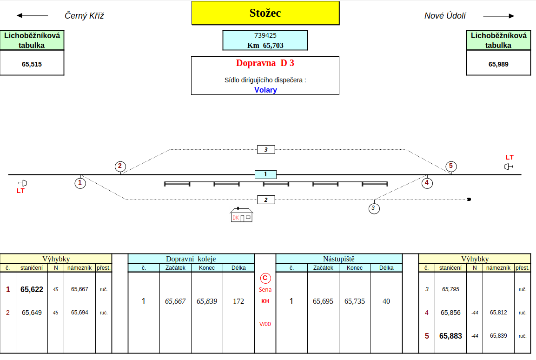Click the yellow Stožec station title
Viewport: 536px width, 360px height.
265,13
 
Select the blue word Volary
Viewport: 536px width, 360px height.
265,90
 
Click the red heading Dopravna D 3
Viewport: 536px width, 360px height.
265,63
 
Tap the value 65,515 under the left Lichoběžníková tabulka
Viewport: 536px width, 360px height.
32,64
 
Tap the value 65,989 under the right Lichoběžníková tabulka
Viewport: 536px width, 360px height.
498,64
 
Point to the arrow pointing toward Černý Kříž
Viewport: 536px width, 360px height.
32,15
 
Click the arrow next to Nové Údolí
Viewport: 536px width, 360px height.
499,16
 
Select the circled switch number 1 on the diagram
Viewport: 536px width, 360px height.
80,183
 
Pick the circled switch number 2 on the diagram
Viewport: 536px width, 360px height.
120,166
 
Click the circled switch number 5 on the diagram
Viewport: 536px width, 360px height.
450,166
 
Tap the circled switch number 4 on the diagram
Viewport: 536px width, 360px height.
427,183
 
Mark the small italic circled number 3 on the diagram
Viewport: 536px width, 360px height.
374,208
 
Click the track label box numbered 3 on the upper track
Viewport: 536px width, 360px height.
266,149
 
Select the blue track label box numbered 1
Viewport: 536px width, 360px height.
265,174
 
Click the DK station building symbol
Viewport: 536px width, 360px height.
241,215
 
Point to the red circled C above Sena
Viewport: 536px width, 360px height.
265,278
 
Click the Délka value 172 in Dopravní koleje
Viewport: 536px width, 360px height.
238,301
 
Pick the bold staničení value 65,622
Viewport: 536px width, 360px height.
32,289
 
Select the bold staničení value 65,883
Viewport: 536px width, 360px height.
450,336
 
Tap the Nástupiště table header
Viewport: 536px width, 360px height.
338,259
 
